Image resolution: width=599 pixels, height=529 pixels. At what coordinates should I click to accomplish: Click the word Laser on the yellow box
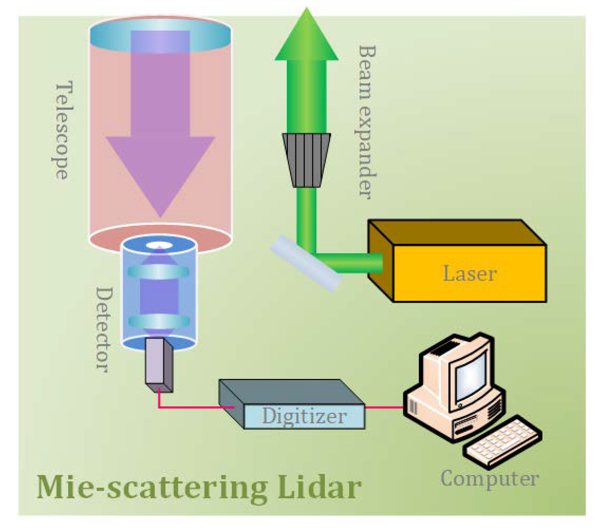(x=470, y=273)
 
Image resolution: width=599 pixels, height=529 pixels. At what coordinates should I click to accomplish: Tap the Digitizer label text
(x=304, y=416)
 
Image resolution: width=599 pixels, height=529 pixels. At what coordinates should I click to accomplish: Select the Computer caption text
(x=490, y=479)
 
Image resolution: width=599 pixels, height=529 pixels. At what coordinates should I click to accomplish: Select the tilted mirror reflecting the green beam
(x=306, y=263)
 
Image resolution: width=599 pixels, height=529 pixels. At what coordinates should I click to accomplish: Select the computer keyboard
(x=503, y=441)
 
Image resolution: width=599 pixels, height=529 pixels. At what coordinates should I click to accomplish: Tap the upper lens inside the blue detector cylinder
(x=158, y=271)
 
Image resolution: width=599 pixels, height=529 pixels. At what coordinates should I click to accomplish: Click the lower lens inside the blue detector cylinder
(x=159, y=321)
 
